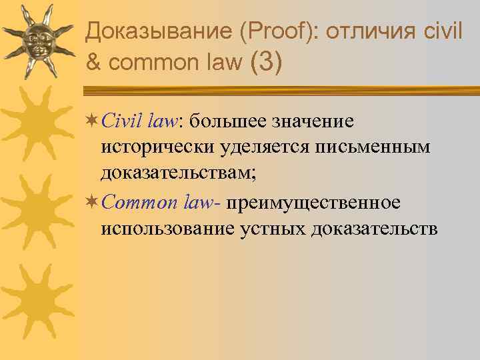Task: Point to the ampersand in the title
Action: pyautogui.click(x=94, y=63)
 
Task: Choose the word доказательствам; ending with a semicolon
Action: pyautogui.click(x=178, y=175)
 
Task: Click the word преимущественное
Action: pyautogui.click(x=312, y=202)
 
